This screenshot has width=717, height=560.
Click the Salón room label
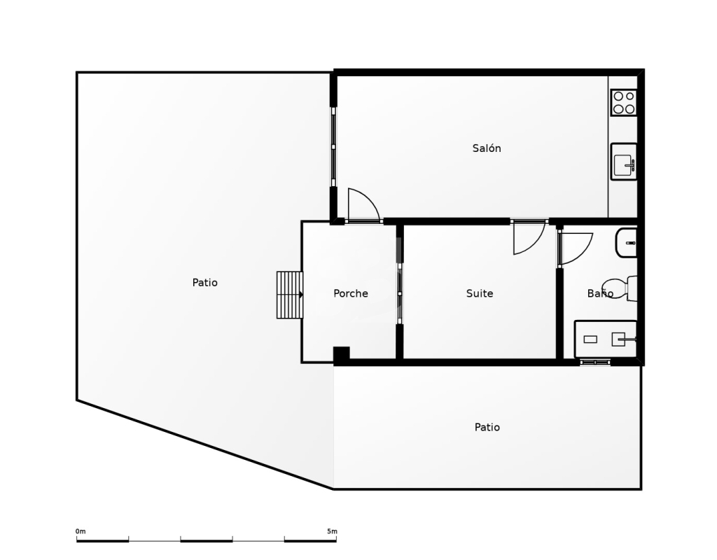pyautogui.click(x=487, y=148)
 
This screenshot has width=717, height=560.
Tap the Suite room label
pyautogui.click(x=480, y=293)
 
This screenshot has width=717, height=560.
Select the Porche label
pyautogui.click(x=351, y=293)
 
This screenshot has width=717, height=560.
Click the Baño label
pyautogui.click(x=600, y=293)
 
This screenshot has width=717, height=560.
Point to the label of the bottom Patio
pyautogui.click(x=487, y=427)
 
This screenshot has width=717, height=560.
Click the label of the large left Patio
pyautogui.click(x=205, y=283)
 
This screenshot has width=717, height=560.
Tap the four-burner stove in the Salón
pyautogui.click(x=624, y=102)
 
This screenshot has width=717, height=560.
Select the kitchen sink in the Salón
pyautogui.click(x=624, y=162)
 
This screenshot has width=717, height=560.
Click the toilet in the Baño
pyautogui.click(x=620, y=288)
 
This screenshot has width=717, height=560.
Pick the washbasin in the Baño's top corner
pyautogui.click(x=626, y=243)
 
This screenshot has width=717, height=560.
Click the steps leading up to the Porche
pyautogui.click(x=289, y=295)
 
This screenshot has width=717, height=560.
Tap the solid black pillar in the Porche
pyautogui.click(x=341, y=355)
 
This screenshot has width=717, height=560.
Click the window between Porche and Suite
pyautogui.click(x=400, y=293)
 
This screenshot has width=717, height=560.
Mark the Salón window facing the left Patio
pyautogui.click(x=333, y=147)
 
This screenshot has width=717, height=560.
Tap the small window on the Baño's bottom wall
pyautogui.click(x=595, y=363)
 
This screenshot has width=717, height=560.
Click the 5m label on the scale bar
pyautogui.click(x=332, y=531)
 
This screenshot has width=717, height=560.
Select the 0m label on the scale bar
pyautogui.click(x=81, y=531)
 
